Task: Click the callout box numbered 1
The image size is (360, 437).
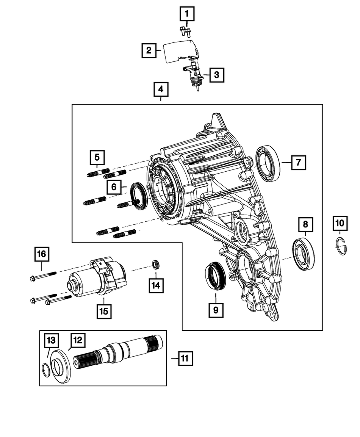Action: coord(186,15)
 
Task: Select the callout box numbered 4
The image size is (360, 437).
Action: coord(161,90)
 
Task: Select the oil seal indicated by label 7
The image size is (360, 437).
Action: coord(268,163)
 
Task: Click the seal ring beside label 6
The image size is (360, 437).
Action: coord(138,195)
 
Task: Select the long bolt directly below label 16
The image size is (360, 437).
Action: coord(43,276)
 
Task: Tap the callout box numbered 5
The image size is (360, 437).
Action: coord(97,157)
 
